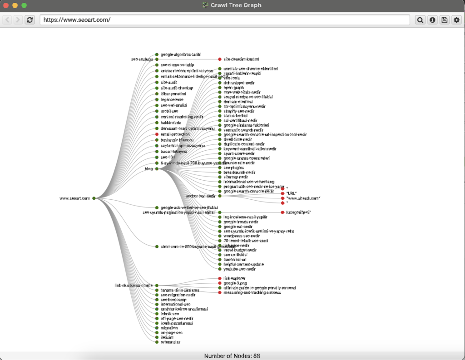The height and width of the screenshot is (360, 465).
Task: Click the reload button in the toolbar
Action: (x=30, y=20)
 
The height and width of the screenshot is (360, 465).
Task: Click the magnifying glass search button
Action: (x=420, y=20)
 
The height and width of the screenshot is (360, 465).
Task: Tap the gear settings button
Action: (x=456, y=20)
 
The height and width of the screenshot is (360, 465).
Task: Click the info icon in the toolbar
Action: (x=432, y=20)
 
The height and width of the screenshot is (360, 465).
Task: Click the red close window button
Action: (x=6, y=5)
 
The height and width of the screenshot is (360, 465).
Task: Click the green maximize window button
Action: (x=24, y=5)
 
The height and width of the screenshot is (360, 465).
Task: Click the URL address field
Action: (x=224, y=20)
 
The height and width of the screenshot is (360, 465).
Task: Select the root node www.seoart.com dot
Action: (x=94, y=198)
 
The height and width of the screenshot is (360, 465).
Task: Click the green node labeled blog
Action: (x=157, y=169)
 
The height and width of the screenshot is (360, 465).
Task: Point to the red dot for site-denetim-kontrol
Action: (x=220, y=59)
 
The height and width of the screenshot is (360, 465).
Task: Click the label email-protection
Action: (x=174, y=134)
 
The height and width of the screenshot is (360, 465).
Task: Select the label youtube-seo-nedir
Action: (x=239, y=269)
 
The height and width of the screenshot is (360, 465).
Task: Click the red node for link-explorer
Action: (x=220, y=278)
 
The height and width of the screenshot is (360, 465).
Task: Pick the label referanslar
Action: (x=170, y=342)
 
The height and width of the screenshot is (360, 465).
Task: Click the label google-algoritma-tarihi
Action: (x=178, y=54)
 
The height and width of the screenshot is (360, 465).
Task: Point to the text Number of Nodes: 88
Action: (x=232, y=356)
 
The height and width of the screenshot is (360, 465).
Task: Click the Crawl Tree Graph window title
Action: (x=236, y=5)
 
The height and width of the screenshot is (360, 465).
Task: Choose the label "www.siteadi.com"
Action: (x=303, y=198)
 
